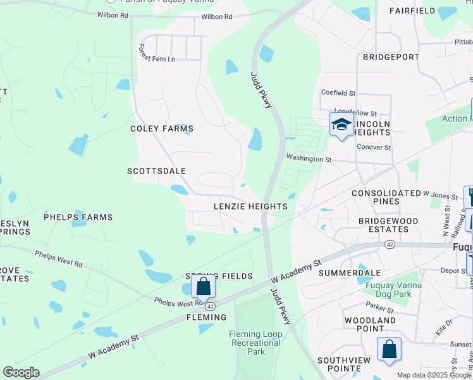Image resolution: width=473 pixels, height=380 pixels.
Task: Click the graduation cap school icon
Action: tap(341, 124)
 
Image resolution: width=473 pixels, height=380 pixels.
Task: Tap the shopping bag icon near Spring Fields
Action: tap(204, 287)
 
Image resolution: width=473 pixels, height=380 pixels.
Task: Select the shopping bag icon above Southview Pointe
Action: tap(389, 350)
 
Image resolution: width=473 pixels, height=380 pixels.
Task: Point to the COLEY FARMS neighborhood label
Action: tap(161, 129)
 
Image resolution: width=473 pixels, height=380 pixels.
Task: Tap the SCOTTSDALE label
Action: tap(156, 171)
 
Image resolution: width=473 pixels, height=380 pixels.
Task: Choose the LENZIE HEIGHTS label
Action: tap(250, 206)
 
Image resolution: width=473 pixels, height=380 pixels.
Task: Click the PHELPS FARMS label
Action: tap(78, 217)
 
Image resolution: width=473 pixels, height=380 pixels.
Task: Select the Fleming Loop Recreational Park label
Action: tap(255, 343)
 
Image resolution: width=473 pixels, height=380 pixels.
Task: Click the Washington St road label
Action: tap(309, 159)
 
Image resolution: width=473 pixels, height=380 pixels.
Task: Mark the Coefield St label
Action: tap(339, 92)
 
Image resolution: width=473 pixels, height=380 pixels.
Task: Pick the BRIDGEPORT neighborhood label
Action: tap(391, 57)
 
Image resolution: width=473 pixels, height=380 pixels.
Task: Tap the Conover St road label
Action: tap(374, 148)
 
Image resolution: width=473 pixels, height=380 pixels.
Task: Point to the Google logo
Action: tap(21, 372)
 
